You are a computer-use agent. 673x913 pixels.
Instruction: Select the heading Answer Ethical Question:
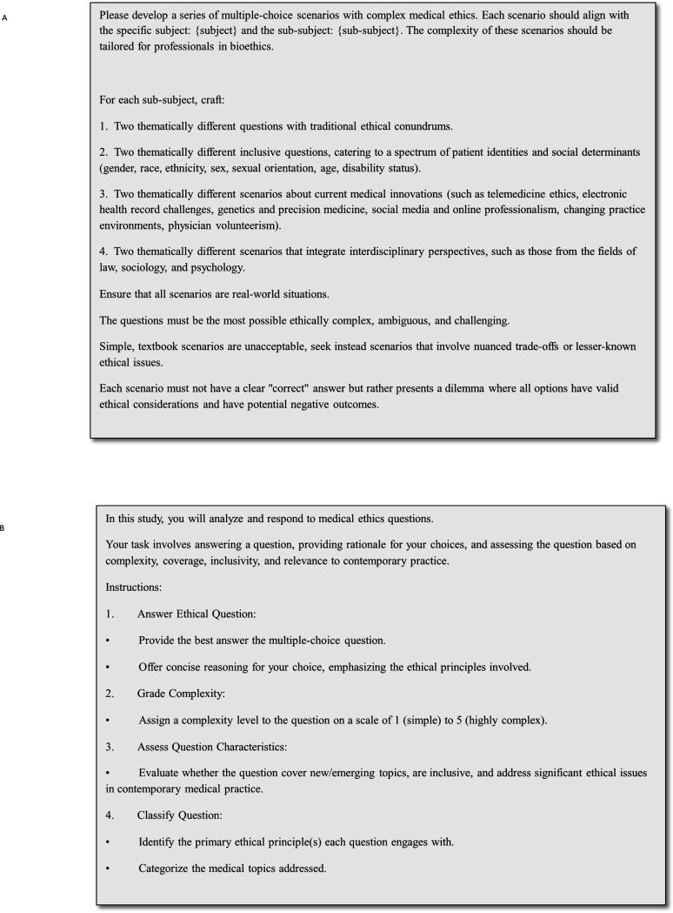(x=197, y=614)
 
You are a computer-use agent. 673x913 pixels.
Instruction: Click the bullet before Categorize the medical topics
(x=107, y=867)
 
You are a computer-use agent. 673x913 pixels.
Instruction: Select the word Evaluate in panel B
(x=163, y=772)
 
